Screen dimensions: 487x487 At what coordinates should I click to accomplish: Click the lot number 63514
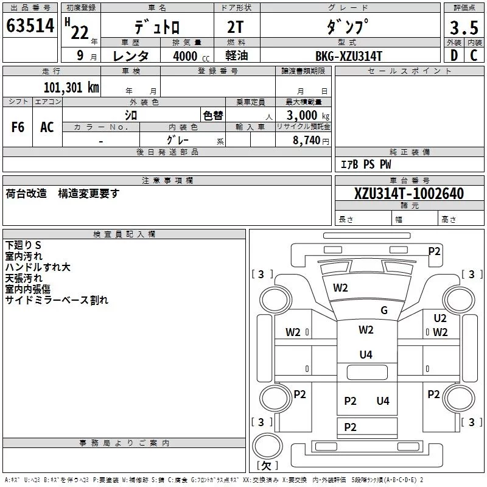[30, 26]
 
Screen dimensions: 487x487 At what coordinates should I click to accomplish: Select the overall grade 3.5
[464, 27]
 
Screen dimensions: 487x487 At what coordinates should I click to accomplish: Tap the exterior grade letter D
[454, 55]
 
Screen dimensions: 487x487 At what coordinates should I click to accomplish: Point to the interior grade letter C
[474, 55]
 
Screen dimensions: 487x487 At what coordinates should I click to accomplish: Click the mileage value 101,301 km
[71, 88]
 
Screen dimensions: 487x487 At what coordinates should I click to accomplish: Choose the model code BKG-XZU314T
[348, 56]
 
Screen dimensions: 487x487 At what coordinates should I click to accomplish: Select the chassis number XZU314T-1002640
[409, 193]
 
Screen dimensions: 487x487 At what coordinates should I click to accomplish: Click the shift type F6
[18, 127]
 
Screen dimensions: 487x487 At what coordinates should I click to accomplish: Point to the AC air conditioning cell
[47, 127]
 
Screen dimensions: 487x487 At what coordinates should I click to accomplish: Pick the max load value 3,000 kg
[308, 115]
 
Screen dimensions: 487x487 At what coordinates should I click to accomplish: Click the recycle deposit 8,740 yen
[311, 140]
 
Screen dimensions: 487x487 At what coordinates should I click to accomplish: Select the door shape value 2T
[236, 27]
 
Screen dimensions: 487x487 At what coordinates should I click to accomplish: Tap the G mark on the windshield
[384, 310]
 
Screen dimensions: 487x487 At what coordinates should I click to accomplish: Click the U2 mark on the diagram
[440, 318]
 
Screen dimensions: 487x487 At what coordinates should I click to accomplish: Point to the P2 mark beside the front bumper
[434, 251]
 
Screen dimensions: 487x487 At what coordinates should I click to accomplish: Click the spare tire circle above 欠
[267, 446]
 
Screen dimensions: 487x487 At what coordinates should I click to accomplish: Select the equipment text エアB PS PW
[366, 164]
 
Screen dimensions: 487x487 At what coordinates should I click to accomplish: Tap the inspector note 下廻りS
[23, 245]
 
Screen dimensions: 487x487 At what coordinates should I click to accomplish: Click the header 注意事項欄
[167, 180]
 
